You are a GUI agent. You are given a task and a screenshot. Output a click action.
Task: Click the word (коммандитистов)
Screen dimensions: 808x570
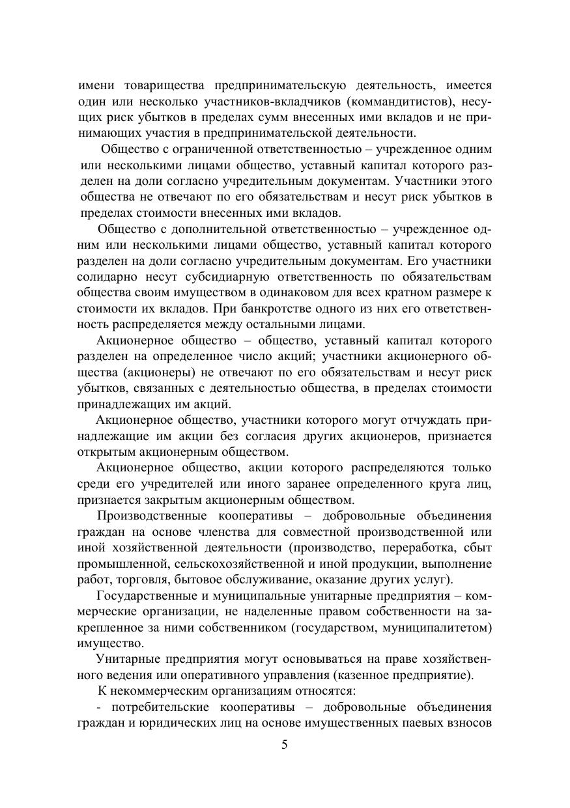coord(405,102)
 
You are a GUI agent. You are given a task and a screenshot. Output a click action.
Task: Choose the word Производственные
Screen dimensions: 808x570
coord(149,516)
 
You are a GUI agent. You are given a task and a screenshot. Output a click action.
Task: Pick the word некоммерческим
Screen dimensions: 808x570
coord(162,690)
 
